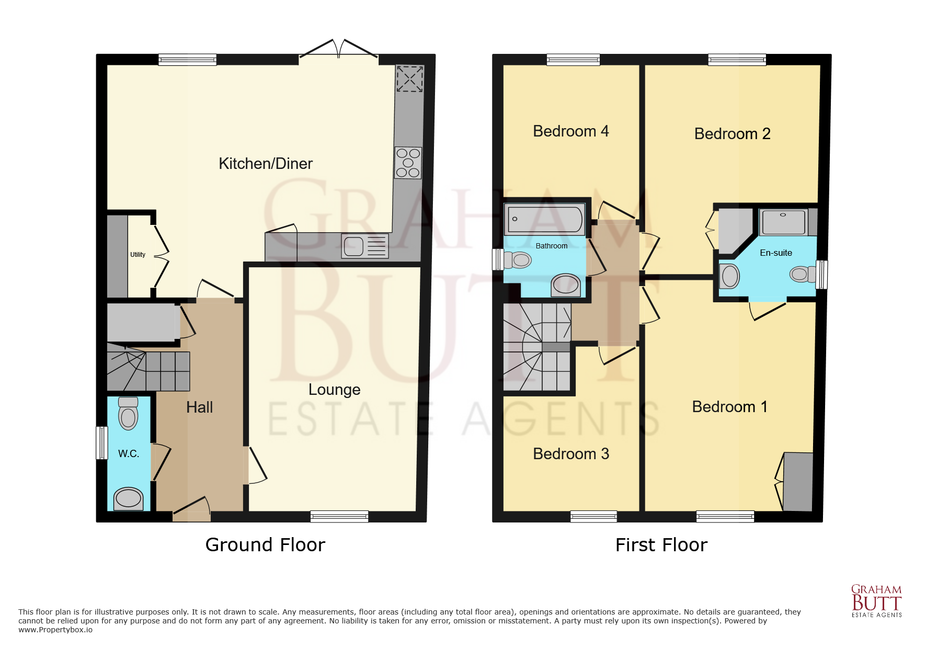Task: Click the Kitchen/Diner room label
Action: pyautogui.click(x=265, y=164)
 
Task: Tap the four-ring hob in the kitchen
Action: pyautogui.click(x=408, y=163)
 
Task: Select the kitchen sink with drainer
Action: pyautogui.click(x=364, y=246)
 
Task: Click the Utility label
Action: pyautogui.click(x=138, y=255)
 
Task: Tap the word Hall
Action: pyautogui.click(x=199, y=407)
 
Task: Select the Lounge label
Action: pyautogui.click(x=334, y=390)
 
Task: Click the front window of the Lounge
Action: pyautogui.click(x=339, y=517)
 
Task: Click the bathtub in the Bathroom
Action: pyautogui.click(x=544, y=219)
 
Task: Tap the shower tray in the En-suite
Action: pyautogui.click(x=783, y=222)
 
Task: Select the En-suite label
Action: pyautogui.click(x=775, y=253)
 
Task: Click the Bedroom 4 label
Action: pyautogui.click(x=570, y=131)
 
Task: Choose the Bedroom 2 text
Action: pyautogui.click(x=732, y=134)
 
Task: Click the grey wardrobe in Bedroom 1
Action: pyautogui.click(x=798, y=481)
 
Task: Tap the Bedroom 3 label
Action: pyautogui.click(x=570, y=454)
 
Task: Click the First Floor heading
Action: pyautogui.click(x=661, y=545)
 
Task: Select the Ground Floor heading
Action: pyautogui.click(x=265, y=545)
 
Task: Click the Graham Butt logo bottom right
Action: pyautogui.click(x=876, y=601)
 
